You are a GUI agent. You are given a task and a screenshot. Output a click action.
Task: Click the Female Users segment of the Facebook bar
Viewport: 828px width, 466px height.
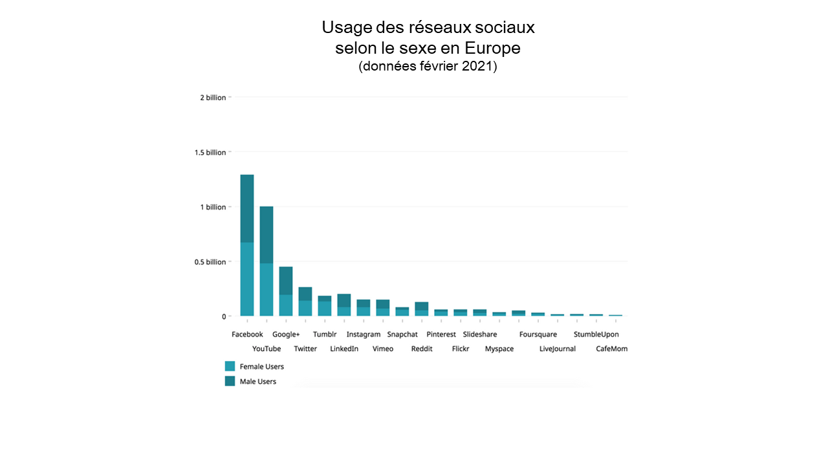click(246, 279)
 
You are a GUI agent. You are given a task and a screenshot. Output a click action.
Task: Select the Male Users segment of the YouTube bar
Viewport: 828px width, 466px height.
click(266, 234)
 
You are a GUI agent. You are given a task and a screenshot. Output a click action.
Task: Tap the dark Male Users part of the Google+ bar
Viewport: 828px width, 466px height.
click(285, 280)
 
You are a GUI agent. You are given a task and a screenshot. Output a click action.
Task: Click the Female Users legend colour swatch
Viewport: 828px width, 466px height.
click(230, 366)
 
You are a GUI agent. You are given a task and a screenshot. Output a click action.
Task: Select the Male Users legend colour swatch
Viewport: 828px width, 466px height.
click(230, 381)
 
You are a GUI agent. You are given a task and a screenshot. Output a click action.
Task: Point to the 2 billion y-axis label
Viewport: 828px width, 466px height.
click(213, 98)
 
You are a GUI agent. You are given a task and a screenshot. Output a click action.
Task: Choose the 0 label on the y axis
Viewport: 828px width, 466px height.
click(224, 316)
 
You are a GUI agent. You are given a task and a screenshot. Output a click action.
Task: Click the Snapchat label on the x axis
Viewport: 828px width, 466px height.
click(402, 335)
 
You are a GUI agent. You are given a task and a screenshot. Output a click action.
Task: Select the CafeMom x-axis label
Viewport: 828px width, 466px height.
click(611, 349)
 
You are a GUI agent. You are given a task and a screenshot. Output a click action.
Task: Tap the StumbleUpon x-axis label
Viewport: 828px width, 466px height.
click(596, 335)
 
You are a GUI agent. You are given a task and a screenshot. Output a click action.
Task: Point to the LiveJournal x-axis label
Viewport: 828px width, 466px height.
click(557, 349)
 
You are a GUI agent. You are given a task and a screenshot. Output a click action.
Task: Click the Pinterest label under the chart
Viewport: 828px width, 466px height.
click(441, 335)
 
